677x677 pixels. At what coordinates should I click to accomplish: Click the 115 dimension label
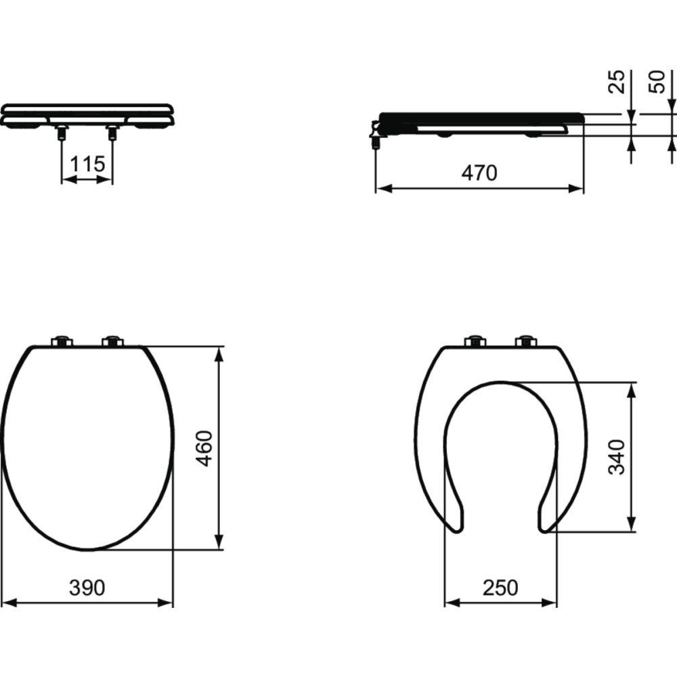[87, 164]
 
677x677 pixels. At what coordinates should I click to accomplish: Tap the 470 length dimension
[479, 173]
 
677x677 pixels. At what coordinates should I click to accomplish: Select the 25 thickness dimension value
[617, 82]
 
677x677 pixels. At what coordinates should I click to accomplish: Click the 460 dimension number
[204, 448]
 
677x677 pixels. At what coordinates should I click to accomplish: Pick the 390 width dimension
[87, 588]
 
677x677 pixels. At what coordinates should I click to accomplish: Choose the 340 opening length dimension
[617, 457]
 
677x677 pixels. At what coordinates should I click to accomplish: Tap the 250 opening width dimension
[500, 588]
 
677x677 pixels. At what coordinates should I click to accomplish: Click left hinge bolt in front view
[62, 132]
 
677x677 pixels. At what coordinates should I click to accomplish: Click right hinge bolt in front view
[112, 132]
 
